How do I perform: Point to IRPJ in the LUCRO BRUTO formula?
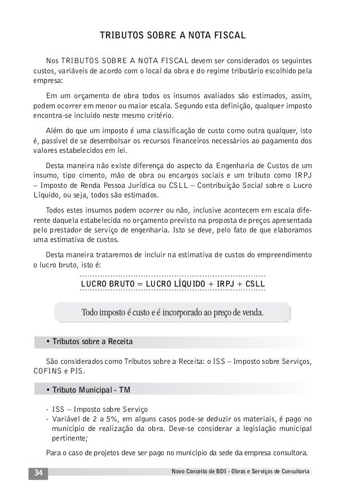225,283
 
